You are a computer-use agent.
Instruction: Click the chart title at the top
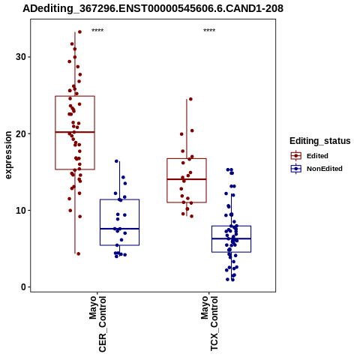tap(153, 8)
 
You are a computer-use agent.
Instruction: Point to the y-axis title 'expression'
tap(8, 155)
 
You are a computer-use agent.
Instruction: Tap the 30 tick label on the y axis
tap(21, 57)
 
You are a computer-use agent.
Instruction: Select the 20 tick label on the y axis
tap(21, 133)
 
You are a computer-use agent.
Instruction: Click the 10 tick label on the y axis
tap(21, 211)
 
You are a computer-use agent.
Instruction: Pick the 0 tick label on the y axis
tap(24, 287)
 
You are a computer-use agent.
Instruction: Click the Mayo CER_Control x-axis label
tap(97, 324)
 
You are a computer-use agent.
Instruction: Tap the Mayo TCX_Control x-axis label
tap(209, 323)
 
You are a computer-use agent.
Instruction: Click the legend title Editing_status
tap(320, 141)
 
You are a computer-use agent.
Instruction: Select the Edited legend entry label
tap(317, 156)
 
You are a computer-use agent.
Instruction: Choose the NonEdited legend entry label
tap(325, 169)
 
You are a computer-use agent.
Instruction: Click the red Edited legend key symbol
tap(296, 156)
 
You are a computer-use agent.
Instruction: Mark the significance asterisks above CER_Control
tap(97, 31)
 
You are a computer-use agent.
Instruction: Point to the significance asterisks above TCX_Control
tap(209, 31)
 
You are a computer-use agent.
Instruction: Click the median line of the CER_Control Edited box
tap(75, 132)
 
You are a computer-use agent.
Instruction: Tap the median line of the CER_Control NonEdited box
tap(119, 229)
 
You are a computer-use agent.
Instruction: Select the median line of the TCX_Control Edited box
tap(187, 179)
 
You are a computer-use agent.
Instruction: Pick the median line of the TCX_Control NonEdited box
tap(231, 238)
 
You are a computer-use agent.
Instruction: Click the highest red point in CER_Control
tap(79, 31)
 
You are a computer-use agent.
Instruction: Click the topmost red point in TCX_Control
tap(190, 99)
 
